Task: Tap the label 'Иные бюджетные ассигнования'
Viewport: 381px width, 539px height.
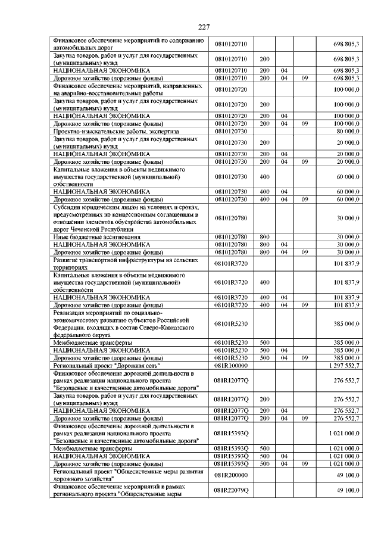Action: point(98,237)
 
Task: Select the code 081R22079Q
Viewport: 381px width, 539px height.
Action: point(234,490)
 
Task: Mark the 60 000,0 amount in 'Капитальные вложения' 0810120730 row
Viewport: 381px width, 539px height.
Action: point(348,177)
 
